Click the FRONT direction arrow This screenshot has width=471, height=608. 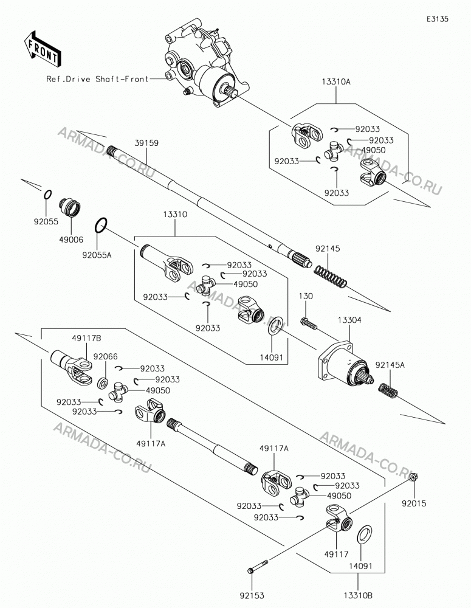pos(43,47)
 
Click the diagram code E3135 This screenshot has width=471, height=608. pos(438,19)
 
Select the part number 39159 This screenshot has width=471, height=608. pos(146,143)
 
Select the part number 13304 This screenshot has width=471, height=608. pos(349,320)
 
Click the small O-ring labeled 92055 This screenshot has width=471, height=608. pos(46,195)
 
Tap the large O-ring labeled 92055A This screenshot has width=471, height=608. pos(100,226)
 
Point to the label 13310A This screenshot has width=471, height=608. pos(335,82)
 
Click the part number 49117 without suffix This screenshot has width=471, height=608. pos(337,554)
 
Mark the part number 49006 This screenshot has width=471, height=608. pos(71,240)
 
